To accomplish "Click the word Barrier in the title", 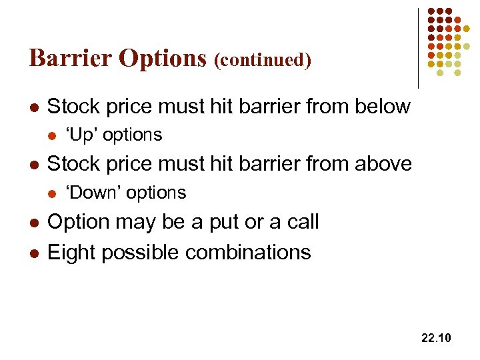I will pos(71,58).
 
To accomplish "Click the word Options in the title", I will pos(163,59).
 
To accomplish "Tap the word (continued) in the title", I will pos(263,60).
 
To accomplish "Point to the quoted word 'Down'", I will pos(95,193).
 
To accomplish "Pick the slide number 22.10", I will pos(436,339).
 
